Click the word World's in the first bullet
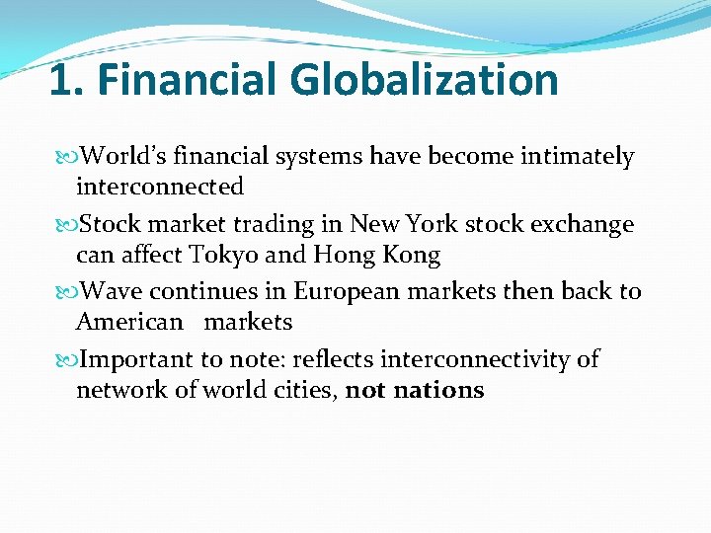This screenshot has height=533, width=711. [124, 157]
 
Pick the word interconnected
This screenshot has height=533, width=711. [160, 187]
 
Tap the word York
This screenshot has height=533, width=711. [431, 224]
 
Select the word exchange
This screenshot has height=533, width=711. [583, 225]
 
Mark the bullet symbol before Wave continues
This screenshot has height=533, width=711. [66, 292]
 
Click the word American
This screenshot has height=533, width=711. [129, 322]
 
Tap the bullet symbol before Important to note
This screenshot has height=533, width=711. [66, 360]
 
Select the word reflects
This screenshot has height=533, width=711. [334, 359]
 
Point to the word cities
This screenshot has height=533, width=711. [308, 390]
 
